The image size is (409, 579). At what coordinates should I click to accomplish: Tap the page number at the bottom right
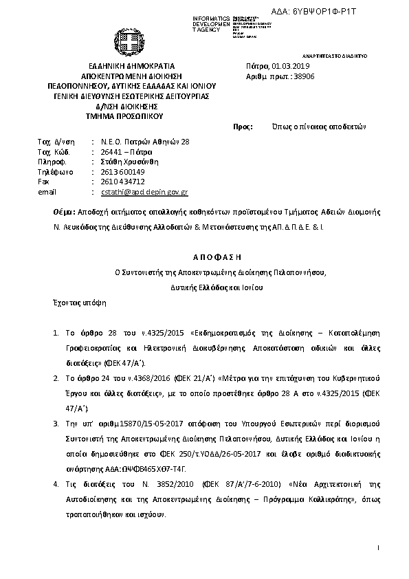tap(378, 547)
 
